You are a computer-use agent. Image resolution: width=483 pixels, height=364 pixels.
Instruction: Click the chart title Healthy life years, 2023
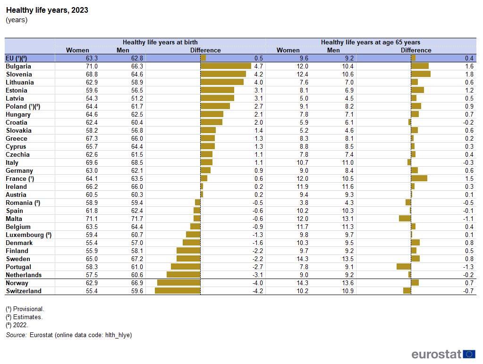point(47,10)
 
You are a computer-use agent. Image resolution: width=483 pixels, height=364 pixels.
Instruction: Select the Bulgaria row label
point(18,67)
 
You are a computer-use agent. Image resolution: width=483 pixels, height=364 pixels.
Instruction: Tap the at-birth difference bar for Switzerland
point(178,291)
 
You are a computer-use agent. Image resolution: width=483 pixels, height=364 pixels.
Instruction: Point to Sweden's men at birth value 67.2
point(137,259)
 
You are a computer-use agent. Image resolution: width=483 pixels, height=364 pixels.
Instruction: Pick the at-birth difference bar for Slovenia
point(223,74)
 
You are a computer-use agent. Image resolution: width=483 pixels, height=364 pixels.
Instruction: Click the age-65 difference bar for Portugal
point(404,267)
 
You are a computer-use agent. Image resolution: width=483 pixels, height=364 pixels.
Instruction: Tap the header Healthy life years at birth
point(160,42)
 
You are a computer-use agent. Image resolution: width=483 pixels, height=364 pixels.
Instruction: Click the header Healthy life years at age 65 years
point(371,42)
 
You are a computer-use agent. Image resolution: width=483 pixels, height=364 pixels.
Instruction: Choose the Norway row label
point(17,283)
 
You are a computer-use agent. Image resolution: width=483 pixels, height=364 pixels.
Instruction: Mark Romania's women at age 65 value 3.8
point(304,203)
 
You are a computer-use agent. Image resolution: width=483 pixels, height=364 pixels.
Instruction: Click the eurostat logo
point(443,354)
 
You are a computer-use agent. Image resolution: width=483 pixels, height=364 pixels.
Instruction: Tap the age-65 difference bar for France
point(419,178)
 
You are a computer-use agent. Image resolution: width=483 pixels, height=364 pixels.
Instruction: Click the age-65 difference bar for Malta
point(405,219)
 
